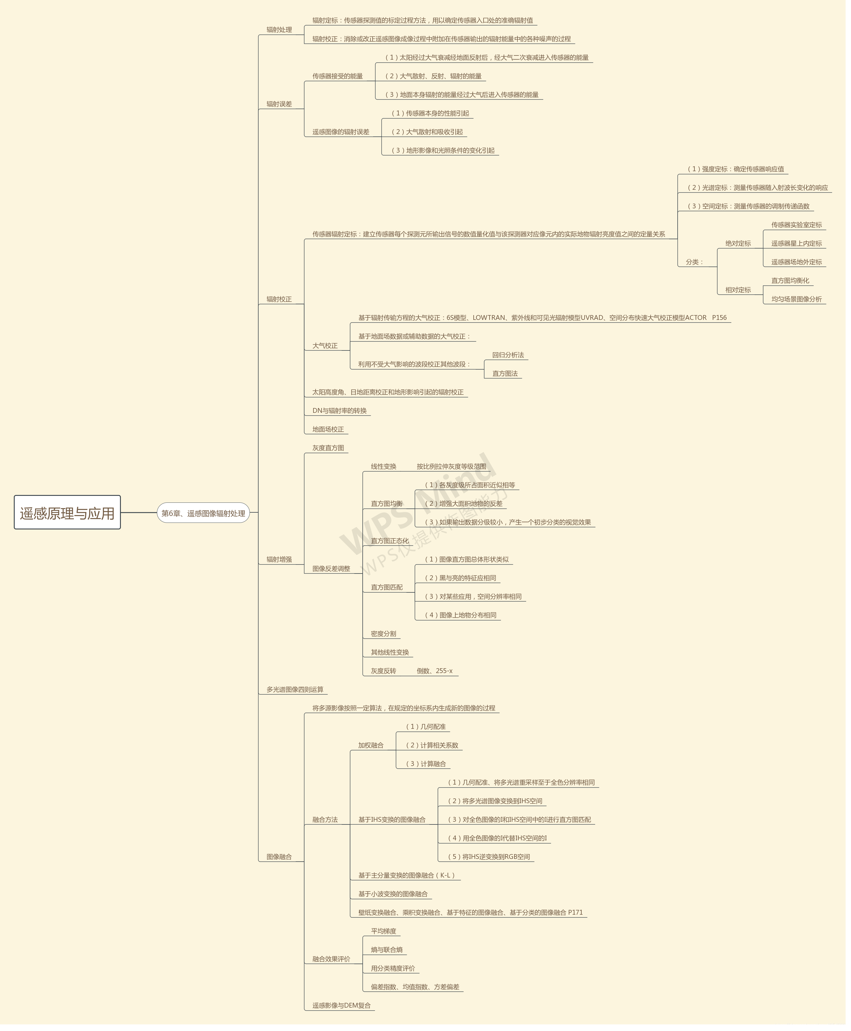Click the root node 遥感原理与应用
(67, 513)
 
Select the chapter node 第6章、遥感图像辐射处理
(203, 513)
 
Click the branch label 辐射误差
(279, 104)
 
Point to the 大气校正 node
(325, 345)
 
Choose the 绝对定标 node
(738, 243)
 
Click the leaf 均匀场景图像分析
(796, 299)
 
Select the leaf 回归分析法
(508, 355)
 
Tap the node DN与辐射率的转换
(339, 411)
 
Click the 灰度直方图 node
(328, 448)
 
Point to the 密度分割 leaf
(383, 633)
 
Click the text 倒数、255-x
(434, 671)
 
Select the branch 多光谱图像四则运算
(295, 690)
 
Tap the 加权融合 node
(370, 745)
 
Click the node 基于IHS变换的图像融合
(392, 819)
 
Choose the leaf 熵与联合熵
(386, 950)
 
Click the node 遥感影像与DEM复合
(341, 1006)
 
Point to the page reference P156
(719, 317)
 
